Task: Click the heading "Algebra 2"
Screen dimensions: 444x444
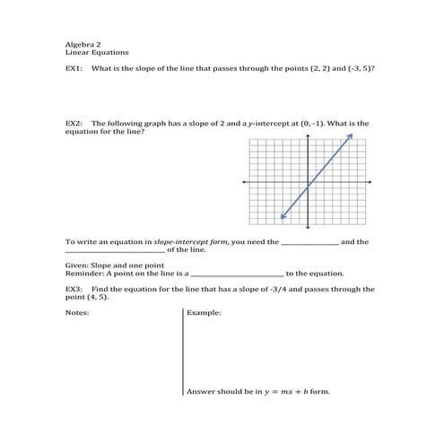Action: coord(81,43)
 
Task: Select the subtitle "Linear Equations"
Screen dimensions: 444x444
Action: coord(91,52)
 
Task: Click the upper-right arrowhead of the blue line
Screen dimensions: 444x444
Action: coord(351,135)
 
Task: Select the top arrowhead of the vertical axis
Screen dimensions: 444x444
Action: coord(308,136)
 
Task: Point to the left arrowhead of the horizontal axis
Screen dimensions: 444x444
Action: coord(244,182)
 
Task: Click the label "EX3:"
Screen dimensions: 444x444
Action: coord(74,290)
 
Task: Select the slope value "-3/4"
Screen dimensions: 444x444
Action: coord(280,290)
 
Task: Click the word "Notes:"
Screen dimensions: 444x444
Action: coord(77,313)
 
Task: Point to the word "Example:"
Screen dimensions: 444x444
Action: coord(204,313)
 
